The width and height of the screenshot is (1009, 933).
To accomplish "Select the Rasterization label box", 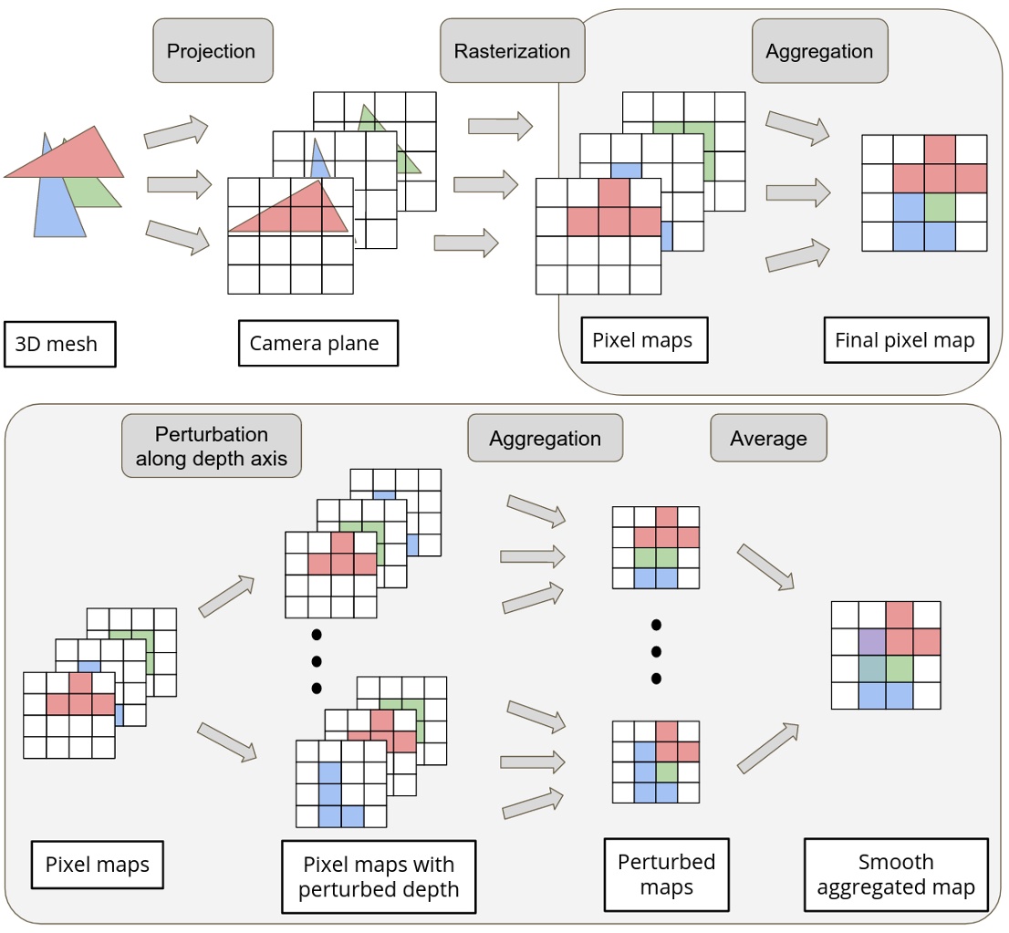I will point(512,51).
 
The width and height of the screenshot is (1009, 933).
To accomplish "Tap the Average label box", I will point(768,439).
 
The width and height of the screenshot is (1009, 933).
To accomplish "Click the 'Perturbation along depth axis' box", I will point(212,446).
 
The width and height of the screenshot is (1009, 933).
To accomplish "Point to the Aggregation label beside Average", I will point(545,439).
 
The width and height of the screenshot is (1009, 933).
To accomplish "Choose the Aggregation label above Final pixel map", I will point(819,51).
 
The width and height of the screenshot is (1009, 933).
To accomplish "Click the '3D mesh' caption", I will point(60,345).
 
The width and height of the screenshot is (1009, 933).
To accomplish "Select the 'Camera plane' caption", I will point(317,343).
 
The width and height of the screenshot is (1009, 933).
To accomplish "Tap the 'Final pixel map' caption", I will point(905,341).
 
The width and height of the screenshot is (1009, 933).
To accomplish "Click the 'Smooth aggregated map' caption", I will point(896,875).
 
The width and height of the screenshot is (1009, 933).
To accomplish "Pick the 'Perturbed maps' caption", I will point(666,875).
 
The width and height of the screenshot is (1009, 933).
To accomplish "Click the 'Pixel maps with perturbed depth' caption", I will point(378,876).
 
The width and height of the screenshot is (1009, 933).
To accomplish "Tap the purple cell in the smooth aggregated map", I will point(872,642).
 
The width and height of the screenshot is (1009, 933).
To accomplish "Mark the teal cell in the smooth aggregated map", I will point(872,669).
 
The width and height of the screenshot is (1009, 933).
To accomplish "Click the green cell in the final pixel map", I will point(940,207).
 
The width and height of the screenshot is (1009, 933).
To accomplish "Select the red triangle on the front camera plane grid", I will point(292,212).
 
